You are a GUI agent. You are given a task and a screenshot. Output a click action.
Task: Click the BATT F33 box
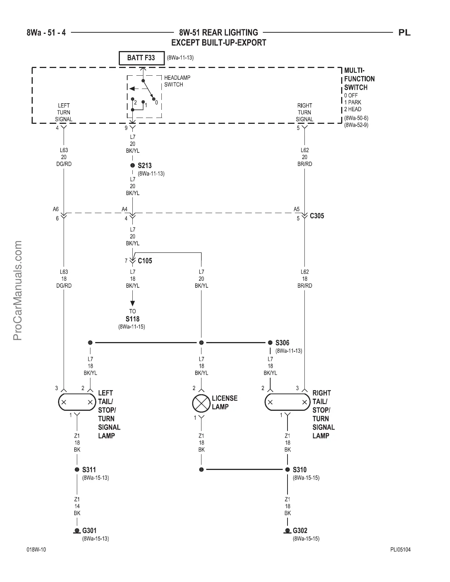coord(142,58)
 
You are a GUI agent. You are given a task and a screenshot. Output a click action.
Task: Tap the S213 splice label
coord(144,166)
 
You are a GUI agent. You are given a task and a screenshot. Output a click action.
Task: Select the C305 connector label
coord(317,216)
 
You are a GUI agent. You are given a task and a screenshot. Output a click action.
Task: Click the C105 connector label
coord(145,261)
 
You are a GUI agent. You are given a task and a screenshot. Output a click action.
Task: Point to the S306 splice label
coord(282,343)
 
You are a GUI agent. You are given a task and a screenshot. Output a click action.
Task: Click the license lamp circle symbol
coord(201,403)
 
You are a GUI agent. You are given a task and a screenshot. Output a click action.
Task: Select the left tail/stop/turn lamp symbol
coord(77,402)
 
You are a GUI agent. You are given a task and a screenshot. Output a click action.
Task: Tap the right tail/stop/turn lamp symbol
coord(287,402)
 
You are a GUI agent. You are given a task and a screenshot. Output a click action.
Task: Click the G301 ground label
coord(89,531)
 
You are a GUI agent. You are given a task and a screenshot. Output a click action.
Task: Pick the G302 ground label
coord(300,531)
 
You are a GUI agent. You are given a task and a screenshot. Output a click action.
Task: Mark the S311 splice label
coord(89,470)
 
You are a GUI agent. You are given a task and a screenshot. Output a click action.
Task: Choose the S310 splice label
coord(300,470)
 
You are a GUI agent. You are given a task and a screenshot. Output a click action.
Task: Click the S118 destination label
coord(132,319)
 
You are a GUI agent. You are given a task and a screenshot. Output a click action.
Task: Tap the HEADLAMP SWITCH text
coord(177,81)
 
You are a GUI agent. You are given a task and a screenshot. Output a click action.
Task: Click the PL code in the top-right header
coord(404,33)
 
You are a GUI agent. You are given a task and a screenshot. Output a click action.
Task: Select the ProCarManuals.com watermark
coord(17,290)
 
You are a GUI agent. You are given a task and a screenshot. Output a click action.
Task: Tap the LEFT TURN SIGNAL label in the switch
coord(64,112)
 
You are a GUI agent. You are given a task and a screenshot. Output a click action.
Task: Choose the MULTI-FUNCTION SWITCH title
coord(359,79)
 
